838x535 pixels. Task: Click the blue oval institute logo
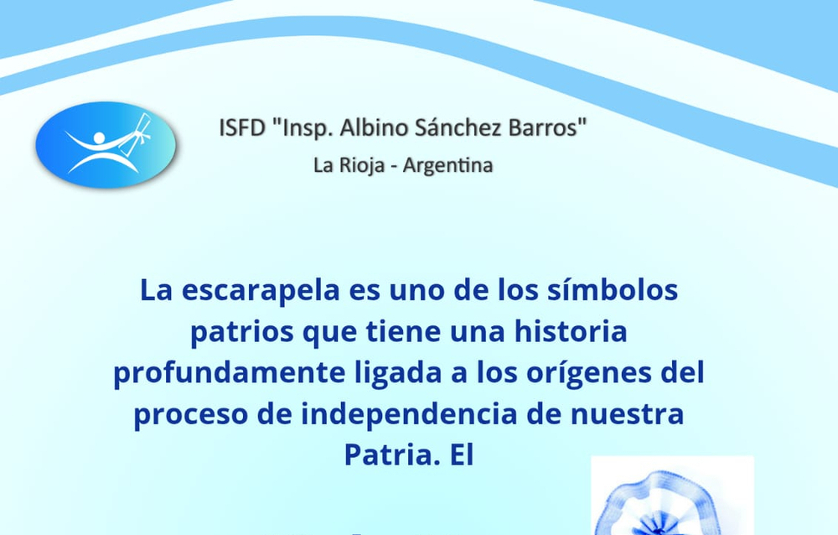pyautogui.click(x=106, y=144)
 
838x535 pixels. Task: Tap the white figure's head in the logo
pyautogui.click(x=99, y=138)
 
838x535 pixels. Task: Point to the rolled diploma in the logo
pyautogui.click(x=138, y=129)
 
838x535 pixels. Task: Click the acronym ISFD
pyautogui.click(x=242, y=128)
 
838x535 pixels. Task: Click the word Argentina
pyautogui.click(x=447, y=165)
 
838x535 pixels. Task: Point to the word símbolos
pyautogui.click(x=613, y=290)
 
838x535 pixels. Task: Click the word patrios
pyautogui.click(x=242, y=332)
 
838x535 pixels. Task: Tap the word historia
pyautogui.click(x=571, y=331)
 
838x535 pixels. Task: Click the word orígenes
pyautogui.click(x=589, y=373)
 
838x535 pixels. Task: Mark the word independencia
pyautogui.click(x=409, y=414)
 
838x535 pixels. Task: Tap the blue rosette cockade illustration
pyautogui.click(x=672, y=501)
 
